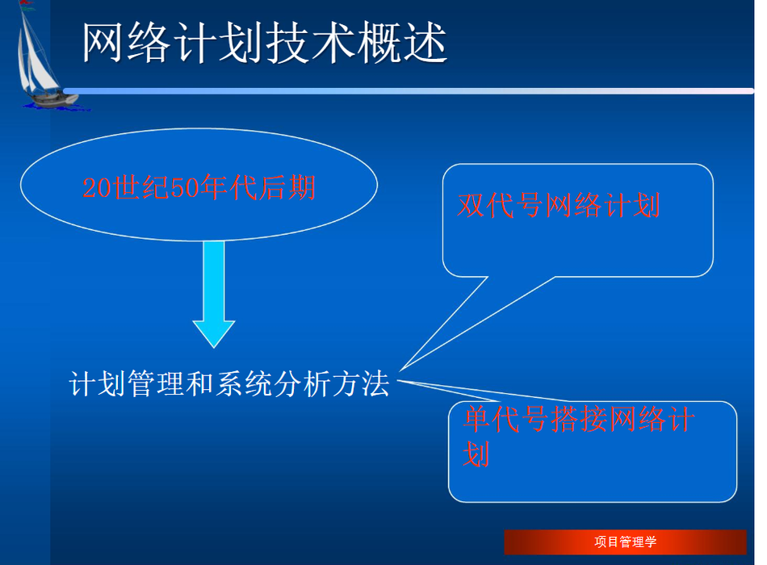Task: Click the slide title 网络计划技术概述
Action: [265, 43]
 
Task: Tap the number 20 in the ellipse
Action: [97, 187]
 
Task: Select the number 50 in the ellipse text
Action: [185, 187]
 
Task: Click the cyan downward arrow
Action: [214, 294]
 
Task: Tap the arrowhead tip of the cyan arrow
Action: [214, 347]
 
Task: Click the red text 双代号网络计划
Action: [559, 205]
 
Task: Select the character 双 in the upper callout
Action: [471, 205]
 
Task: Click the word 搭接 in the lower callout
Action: [579, 419]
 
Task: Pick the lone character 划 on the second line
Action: [476, 454]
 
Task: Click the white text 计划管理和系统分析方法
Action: [229, 383]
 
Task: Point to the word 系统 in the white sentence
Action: [244, 383]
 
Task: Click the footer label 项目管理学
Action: [625, 542]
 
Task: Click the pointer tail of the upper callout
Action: [402, 370]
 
